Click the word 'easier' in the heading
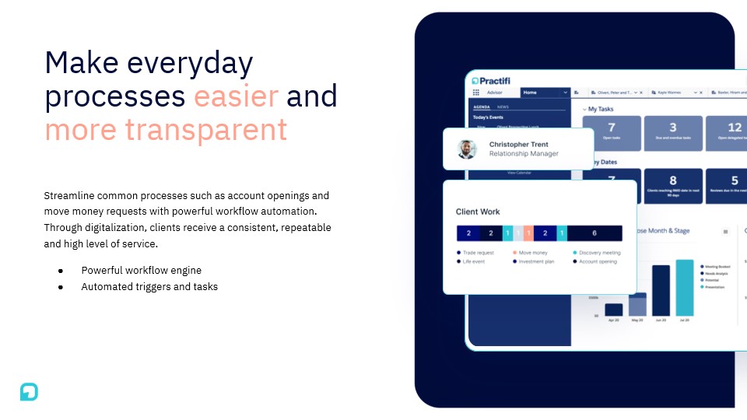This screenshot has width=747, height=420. [236, 96]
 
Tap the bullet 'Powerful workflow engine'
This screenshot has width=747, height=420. [141, 271]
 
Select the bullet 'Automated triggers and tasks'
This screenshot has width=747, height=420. [149, 287]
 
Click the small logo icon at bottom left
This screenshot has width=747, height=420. [29, 392]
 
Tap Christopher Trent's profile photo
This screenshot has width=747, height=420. [467, 149]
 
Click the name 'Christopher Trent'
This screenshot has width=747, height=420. [518, 145]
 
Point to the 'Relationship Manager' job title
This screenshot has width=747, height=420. [523, 154]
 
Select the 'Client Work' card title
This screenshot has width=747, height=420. [478, 212]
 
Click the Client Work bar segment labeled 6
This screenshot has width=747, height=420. [594, 233]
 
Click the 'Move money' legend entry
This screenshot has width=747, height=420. [533, 253]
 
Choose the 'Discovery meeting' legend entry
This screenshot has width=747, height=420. [599, 253]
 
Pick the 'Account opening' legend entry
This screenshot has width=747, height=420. [598, 262]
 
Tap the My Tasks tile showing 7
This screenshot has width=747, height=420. [611, 133]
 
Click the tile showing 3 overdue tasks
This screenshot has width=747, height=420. [672, 133]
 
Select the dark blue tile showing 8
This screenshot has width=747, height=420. [672, 185]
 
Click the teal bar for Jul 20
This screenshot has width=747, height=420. [685, 288]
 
